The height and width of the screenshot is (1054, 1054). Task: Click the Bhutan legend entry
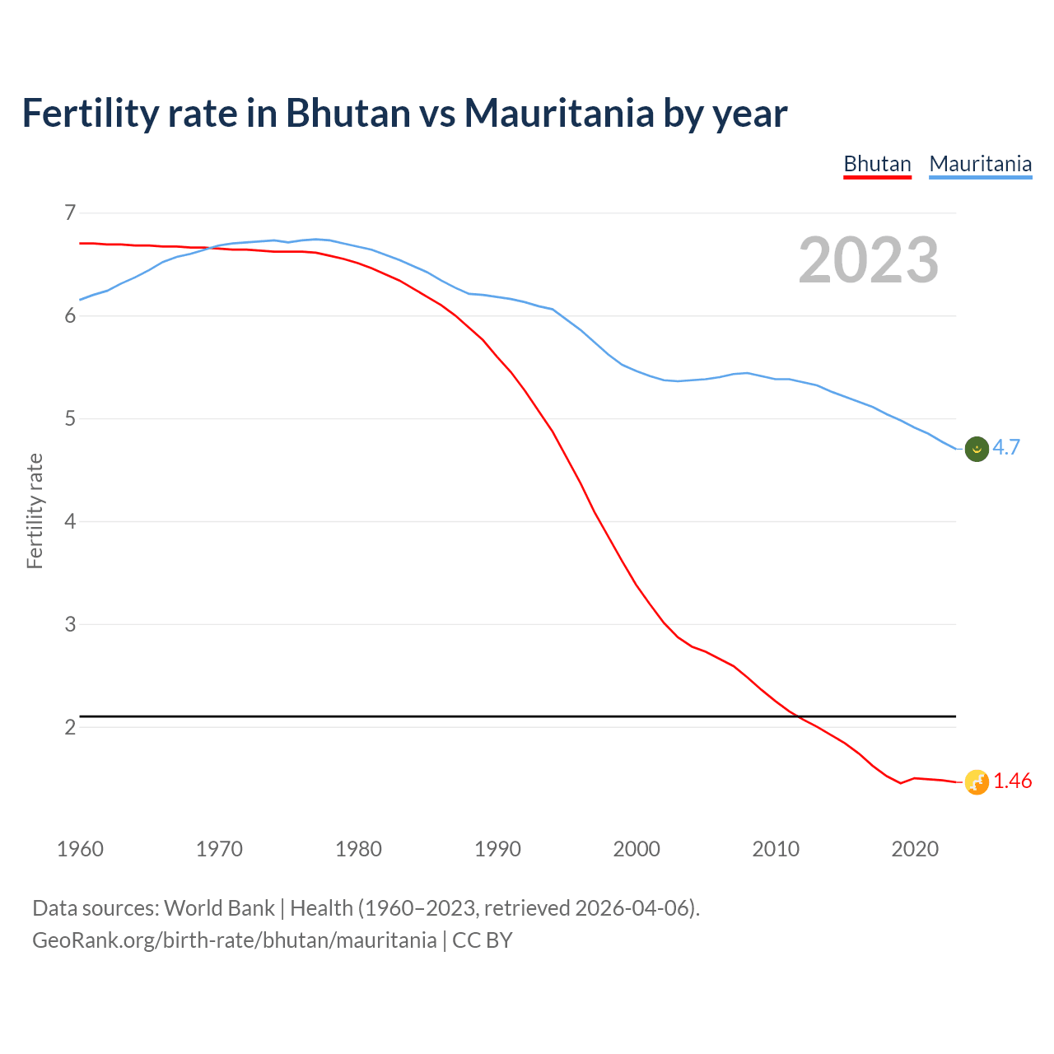877,164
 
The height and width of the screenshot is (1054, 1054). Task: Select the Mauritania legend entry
980,164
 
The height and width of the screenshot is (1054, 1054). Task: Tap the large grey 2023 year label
868,260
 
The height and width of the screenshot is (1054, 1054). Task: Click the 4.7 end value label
1006,447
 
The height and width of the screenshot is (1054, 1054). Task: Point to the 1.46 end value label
1012,781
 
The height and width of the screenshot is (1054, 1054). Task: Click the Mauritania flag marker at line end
977,449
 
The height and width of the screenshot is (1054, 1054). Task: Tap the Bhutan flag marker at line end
977,782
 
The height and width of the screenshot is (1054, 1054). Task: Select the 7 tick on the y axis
70,213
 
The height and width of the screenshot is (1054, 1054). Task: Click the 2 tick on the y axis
70,727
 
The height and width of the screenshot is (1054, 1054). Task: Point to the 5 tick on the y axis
70,419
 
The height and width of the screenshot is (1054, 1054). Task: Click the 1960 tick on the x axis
80,849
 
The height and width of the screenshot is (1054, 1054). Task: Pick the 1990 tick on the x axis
497,849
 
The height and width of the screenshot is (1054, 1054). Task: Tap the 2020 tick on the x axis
915,849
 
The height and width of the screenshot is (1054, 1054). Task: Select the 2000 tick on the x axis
637,849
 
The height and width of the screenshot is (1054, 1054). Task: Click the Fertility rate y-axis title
35,511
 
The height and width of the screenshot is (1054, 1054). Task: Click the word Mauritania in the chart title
559,113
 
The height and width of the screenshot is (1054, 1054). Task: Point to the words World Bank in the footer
219,908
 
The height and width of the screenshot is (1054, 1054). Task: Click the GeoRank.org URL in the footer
234,940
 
